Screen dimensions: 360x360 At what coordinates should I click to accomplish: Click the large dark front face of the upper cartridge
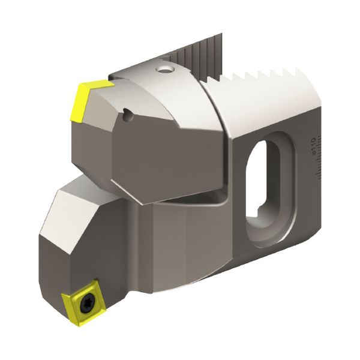162,150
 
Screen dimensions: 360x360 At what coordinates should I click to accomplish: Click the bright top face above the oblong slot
264,108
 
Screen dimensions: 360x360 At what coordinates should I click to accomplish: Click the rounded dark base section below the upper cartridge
180,240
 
